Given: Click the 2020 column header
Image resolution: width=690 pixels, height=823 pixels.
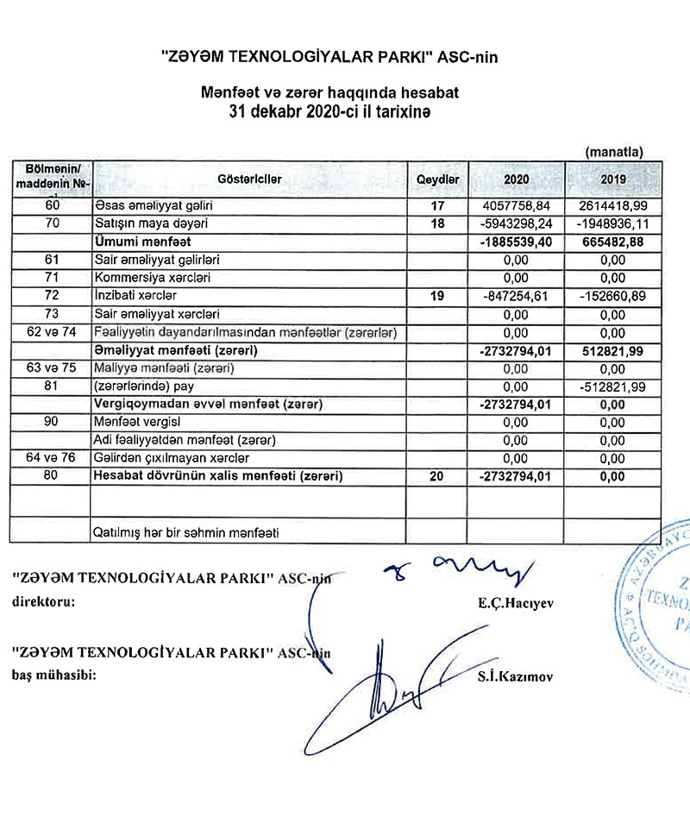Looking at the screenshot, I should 515,179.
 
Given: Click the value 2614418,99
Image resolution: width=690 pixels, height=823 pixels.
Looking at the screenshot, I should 612,207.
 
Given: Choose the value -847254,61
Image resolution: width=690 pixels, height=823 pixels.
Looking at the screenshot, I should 516,295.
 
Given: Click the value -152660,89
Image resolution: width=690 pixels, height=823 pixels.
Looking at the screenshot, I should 613,295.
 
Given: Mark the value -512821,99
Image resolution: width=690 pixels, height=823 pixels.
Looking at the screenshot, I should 613,386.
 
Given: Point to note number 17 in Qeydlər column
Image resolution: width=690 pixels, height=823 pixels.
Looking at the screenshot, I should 436,207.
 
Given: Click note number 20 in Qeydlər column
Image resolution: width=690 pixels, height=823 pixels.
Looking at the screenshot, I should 436,475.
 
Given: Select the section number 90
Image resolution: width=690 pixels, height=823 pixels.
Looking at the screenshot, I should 51,422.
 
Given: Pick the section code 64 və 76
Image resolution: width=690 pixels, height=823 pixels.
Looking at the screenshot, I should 51,457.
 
